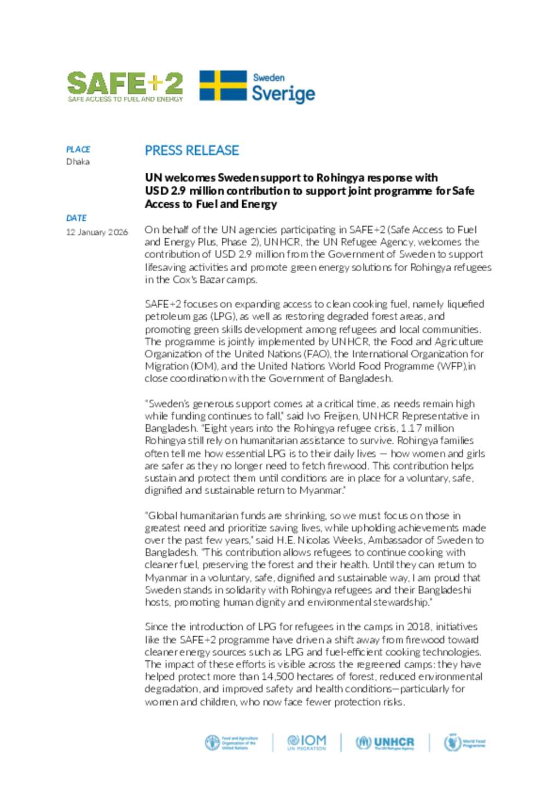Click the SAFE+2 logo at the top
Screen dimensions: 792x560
coord(125,86)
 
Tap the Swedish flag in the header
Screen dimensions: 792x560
coord(223,86)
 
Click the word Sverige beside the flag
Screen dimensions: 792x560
coord(283,93)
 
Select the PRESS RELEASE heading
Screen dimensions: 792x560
coord(191,150)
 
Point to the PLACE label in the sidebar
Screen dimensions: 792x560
coord(78,149)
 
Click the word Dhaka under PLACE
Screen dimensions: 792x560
coord(78,162)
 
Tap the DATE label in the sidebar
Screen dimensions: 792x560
coord(76,218)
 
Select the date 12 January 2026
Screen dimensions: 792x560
coord(97,232)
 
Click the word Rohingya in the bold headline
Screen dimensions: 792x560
coord(340,178)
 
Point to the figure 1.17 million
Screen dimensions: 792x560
coord(427,429)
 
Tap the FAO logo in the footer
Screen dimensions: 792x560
coord(231,743)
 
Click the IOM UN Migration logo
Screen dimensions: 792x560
coord(306,742)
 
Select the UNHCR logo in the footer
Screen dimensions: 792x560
coord(385,742)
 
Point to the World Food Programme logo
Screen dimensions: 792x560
coord(464,743)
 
